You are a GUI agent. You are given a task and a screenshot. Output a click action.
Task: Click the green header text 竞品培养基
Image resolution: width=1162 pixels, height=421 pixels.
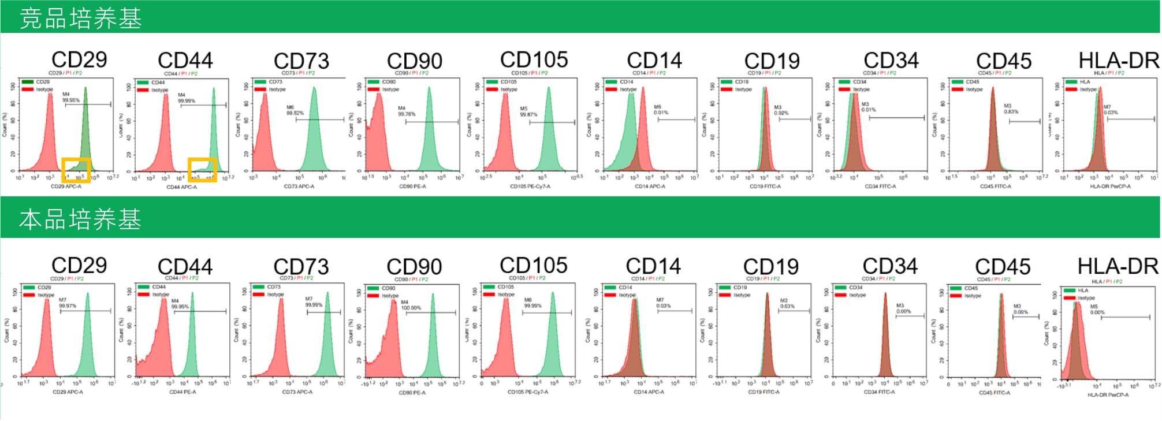(x=80, y=18)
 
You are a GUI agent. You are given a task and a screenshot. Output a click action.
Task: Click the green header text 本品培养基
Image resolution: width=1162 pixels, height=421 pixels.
(x=80, y=219)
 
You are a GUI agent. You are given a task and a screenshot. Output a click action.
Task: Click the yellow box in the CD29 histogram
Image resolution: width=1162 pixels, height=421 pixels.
(x=76, y=170)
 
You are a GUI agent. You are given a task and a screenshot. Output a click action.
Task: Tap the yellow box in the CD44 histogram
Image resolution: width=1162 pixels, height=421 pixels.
(x=203, y=170)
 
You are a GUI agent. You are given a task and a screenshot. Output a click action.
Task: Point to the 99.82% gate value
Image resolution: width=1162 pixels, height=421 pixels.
(x=295, y=113)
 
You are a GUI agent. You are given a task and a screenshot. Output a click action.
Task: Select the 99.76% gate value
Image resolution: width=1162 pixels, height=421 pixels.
(x=407, y=114)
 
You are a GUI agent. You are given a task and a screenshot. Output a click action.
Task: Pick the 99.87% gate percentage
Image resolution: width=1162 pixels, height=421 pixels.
(x=528, y=114)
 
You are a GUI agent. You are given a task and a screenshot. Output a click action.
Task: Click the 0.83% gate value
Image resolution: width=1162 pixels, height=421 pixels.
(x=1011, y=111)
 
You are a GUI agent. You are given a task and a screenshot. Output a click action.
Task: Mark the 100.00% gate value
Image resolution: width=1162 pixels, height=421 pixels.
(x=411, y=308)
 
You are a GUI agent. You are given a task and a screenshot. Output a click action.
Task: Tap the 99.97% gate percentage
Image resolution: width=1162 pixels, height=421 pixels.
(x=68, y=305)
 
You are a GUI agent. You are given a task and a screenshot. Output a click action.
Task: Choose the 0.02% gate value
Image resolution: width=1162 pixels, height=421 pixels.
(x=781, y=113)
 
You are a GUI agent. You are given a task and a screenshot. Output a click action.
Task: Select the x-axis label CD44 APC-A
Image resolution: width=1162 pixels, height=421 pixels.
(x=181, y=187)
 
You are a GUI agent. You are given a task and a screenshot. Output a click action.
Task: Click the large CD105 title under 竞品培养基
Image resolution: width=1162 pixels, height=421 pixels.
(x=534, y=60)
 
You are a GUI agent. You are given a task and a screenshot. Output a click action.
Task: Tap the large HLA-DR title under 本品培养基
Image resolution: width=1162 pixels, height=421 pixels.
(x=1118, y=266)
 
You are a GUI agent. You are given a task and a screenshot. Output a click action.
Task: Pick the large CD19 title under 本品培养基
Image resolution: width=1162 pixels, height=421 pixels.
(x=770, y=267)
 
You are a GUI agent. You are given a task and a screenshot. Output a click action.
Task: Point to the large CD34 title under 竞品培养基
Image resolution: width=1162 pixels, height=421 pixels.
(x=891, y=61)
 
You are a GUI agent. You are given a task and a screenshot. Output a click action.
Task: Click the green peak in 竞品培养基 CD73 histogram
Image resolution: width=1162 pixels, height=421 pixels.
(x=314, y=133)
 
